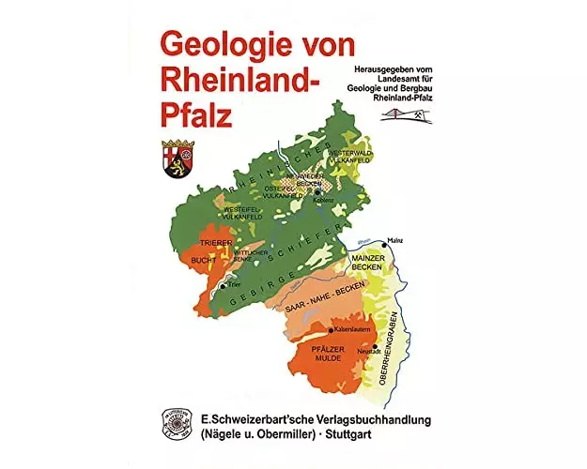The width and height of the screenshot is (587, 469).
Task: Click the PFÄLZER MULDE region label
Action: pyautogui.click(x=329, y=354)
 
